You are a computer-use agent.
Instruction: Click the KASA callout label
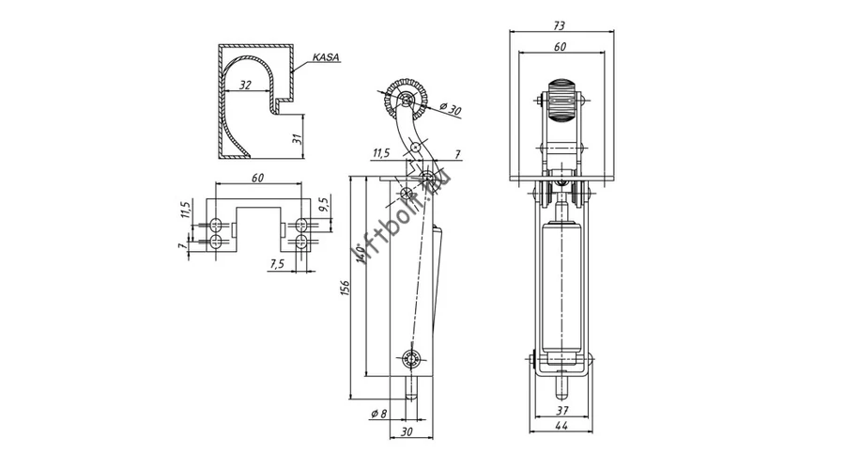327,57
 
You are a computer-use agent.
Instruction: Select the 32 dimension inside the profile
245,86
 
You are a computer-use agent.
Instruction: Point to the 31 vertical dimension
297,139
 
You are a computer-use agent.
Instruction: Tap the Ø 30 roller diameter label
451,109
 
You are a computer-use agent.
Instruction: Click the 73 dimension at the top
560,25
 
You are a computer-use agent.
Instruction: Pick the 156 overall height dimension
345,289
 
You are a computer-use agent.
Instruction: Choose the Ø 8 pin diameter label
379,414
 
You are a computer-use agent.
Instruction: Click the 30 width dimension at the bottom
407,431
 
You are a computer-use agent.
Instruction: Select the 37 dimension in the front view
561,411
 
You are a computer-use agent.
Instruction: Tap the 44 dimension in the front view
561,425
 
